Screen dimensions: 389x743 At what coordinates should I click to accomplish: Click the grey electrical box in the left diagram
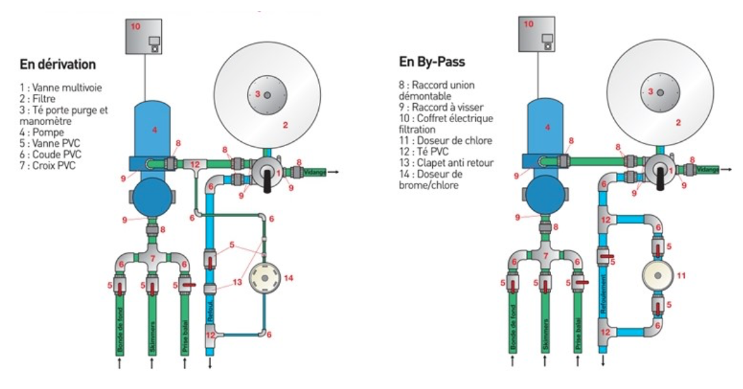point(147,35)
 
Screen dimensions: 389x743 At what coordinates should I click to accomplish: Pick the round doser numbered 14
point(262,278)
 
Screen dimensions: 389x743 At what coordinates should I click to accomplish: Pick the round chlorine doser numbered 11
point(656,276)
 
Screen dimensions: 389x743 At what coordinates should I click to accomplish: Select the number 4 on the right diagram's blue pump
point(548,126)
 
